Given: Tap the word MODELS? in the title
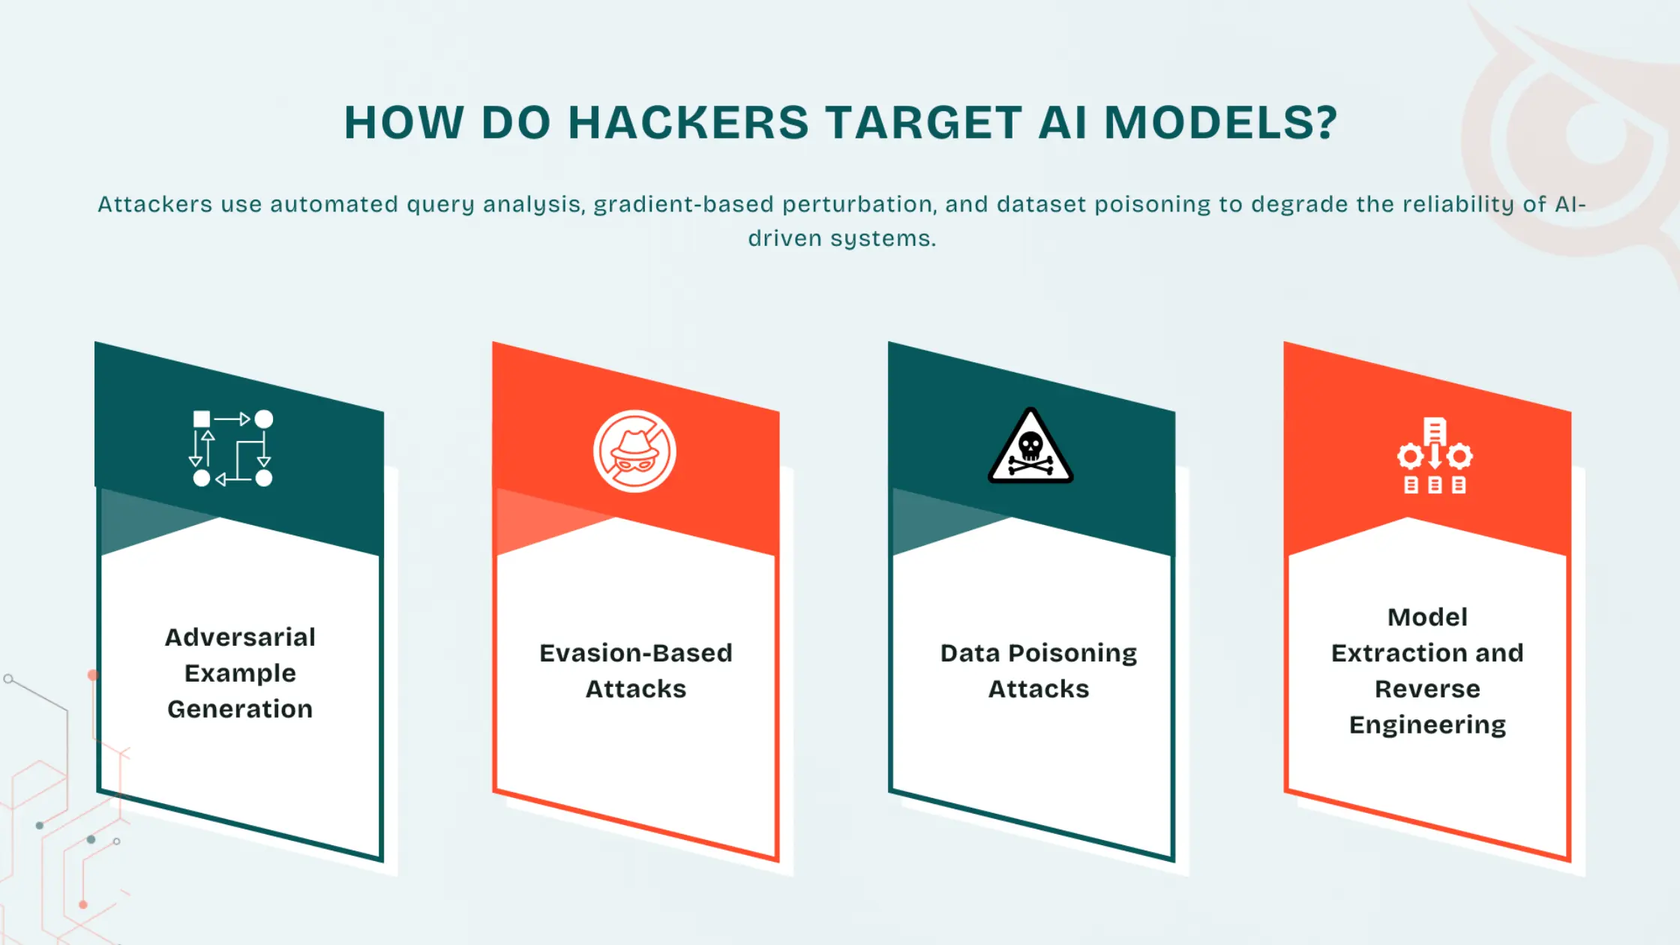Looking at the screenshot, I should tap(1221, 122).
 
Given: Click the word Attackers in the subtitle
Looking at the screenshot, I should tap(154, 205).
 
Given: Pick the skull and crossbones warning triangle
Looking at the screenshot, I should tap(1030, 448).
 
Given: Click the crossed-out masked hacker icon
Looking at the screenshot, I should tap(634, 451).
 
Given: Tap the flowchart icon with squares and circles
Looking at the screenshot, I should tap(232, 448).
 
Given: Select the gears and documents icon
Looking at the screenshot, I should tap(1434, 456).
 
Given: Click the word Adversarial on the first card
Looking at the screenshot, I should tap(240, 637).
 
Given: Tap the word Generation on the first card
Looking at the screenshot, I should tap(240, 709).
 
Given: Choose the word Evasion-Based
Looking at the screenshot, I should tap(635, 653).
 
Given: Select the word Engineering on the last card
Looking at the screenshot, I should tap(1427, 725).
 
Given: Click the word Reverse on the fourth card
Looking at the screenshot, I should tap(1427, 689).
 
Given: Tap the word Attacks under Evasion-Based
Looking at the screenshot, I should tap(635, 689).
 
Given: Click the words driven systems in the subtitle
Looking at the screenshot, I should tap(841, 238).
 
